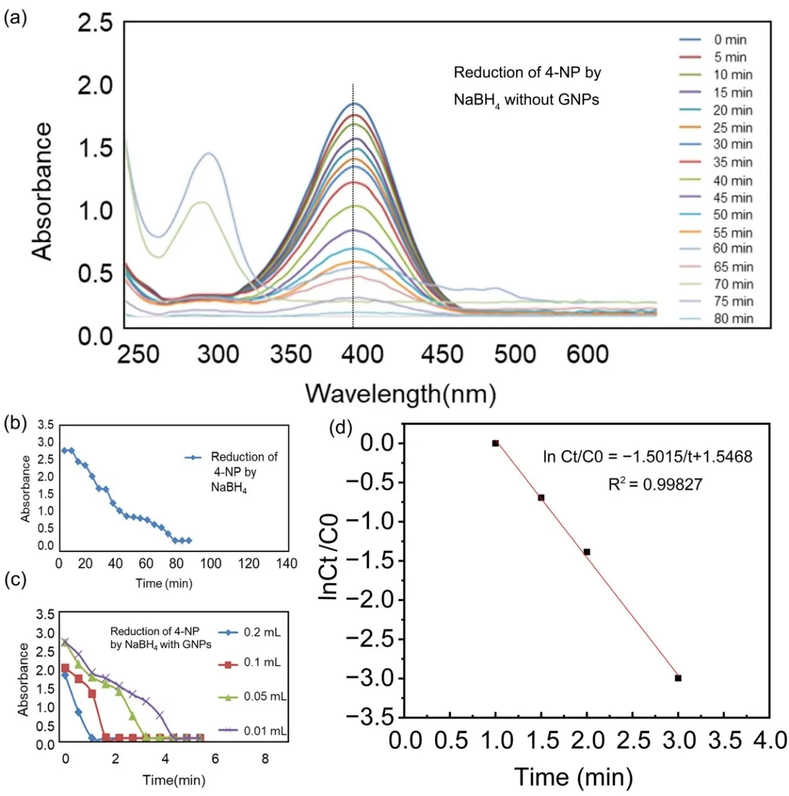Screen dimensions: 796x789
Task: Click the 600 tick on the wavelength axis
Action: click(587, 355)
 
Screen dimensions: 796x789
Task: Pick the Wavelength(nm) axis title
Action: click(401, 394)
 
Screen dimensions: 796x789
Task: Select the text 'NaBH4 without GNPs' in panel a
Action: click(526, 100)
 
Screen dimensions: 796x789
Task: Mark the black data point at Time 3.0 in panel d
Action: click(678, 678)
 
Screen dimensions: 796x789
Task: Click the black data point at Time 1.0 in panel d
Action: click(495, 443)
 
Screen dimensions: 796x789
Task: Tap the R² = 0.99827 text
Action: click(655, 485)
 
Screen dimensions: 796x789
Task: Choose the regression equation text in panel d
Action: click(647, 457)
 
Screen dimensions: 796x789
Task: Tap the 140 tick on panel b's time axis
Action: click(286, 564)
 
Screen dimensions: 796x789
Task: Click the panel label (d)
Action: click(340, 428)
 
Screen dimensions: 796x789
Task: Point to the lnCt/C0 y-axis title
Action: click(329, 557)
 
